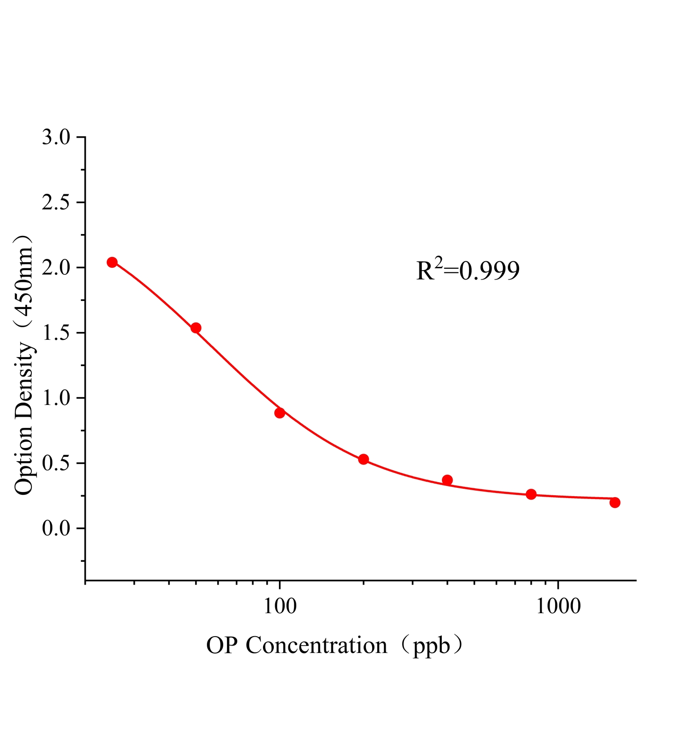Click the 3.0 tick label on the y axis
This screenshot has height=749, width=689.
point(56,138)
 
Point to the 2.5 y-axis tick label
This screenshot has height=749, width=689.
point(56,203)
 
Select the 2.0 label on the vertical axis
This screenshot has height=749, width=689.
point(56,268)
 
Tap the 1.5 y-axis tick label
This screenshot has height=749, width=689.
point(56,333)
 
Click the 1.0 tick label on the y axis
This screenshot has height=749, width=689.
point(56,398)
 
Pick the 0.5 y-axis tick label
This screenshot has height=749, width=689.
point(56,463)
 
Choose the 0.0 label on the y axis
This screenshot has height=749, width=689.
point(56,529)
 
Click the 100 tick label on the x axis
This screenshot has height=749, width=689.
point(280,606)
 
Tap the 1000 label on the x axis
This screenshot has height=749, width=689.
point(558,606)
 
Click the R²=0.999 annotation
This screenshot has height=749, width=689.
point(468,271)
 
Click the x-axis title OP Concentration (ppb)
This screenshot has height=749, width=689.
point(336,646)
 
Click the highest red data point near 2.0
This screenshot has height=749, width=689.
point(112,262)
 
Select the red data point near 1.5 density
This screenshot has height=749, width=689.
point(196,328)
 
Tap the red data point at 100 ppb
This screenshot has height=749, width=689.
point(280,413)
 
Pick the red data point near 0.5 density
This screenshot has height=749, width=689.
point(364,459)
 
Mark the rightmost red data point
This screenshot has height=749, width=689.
point(615,502)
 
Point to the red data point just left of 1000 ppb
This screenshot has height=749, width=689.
point(531,494)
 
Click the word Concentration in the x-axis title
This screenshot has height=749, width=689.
point(316,646)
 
